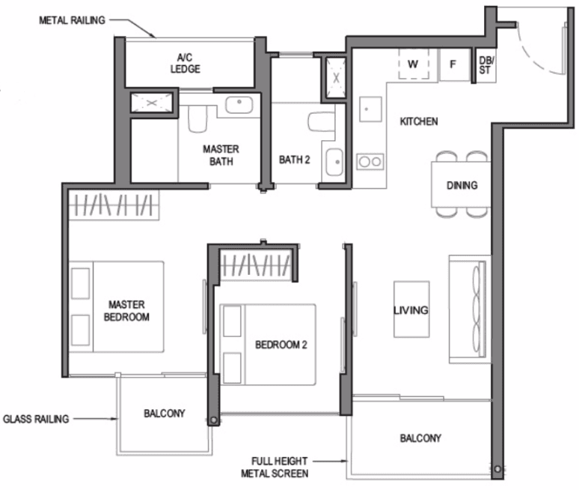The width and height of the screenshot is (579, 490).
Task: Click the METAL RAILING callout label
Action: pyautogui.click(x=72, y=20)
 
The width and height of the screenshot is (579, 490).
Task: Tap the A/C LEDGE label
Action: pyautogui.click(x=185, y=63)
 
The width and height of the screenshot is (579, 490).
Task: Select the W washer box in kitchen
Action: pyautogui.click(x=414, y=64)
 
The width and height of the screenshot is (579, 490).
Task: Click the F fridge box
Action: pyautogui.click(x=454, y=64)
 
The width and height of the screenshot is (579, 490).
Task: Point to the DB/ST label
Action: pyautogui.click(x=486, y=65)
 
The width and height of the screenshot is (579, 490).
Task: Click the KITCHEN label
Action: pyautogui.click(x=419, y=121)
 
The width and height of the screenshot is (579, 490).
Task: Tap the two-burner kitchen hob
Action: pyautogui.click(x=370, y=162)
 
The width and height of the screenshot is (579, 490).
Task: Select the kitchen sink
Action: pyautogui.click(x=370, y=109)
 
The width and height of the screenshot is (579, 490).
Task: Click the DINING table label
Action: pyautogui.click(x=462, y=185)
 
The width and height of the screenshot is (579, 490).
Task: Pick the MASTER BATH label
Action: pyautogui.click(x=221, y=155)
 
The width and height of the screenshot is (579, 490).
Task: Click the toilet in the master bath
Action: pyautogui.click(x=197, y=118)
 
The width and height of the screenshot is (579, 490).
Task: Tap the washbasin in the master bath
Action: pyautogui.click(x=239, y=105)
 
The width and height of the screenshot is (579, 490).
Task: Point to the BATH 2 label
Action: pyautogui.click(x=294, y=160)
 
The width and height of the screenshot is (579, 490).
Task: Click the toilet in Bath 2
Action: pyautogui.click(x=321, y=122)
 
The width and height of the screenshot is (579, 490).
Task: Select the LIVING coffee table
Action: pyautogui.click(x=411, y=309)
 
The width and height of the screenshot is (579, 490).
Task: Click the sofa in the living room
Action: pyautogui.click(x=469, y=309)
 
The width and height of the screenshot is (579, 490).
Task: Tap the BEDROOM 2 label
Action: pyautogui.click(x=281, y=345)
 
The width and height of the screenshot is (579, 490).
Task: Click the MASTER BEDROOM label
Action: pyautogui.click(x=126, y=311)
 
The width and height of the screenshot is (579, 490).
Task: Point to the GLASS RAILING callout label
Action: pyautogui.click(x=36, y=419)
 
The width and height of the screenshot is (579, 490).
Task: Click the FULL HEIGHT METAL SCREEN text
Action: pyautogui.click(x=275, y=467)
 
